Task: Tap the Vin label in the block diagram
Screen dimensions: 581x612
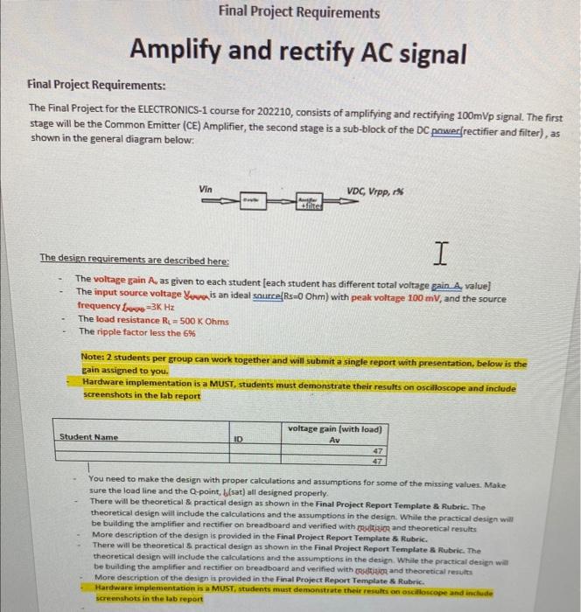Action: coord(206,188)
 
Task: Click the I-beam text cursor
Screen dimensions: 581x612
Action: coord(437,254)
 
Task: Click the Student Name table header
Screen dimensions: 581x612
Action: coord(88,436)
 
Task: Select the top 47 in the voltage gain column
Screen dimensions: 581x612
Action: coord(377,451)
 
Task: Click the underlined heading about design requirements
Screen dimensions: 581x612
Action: coord(134,261)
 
